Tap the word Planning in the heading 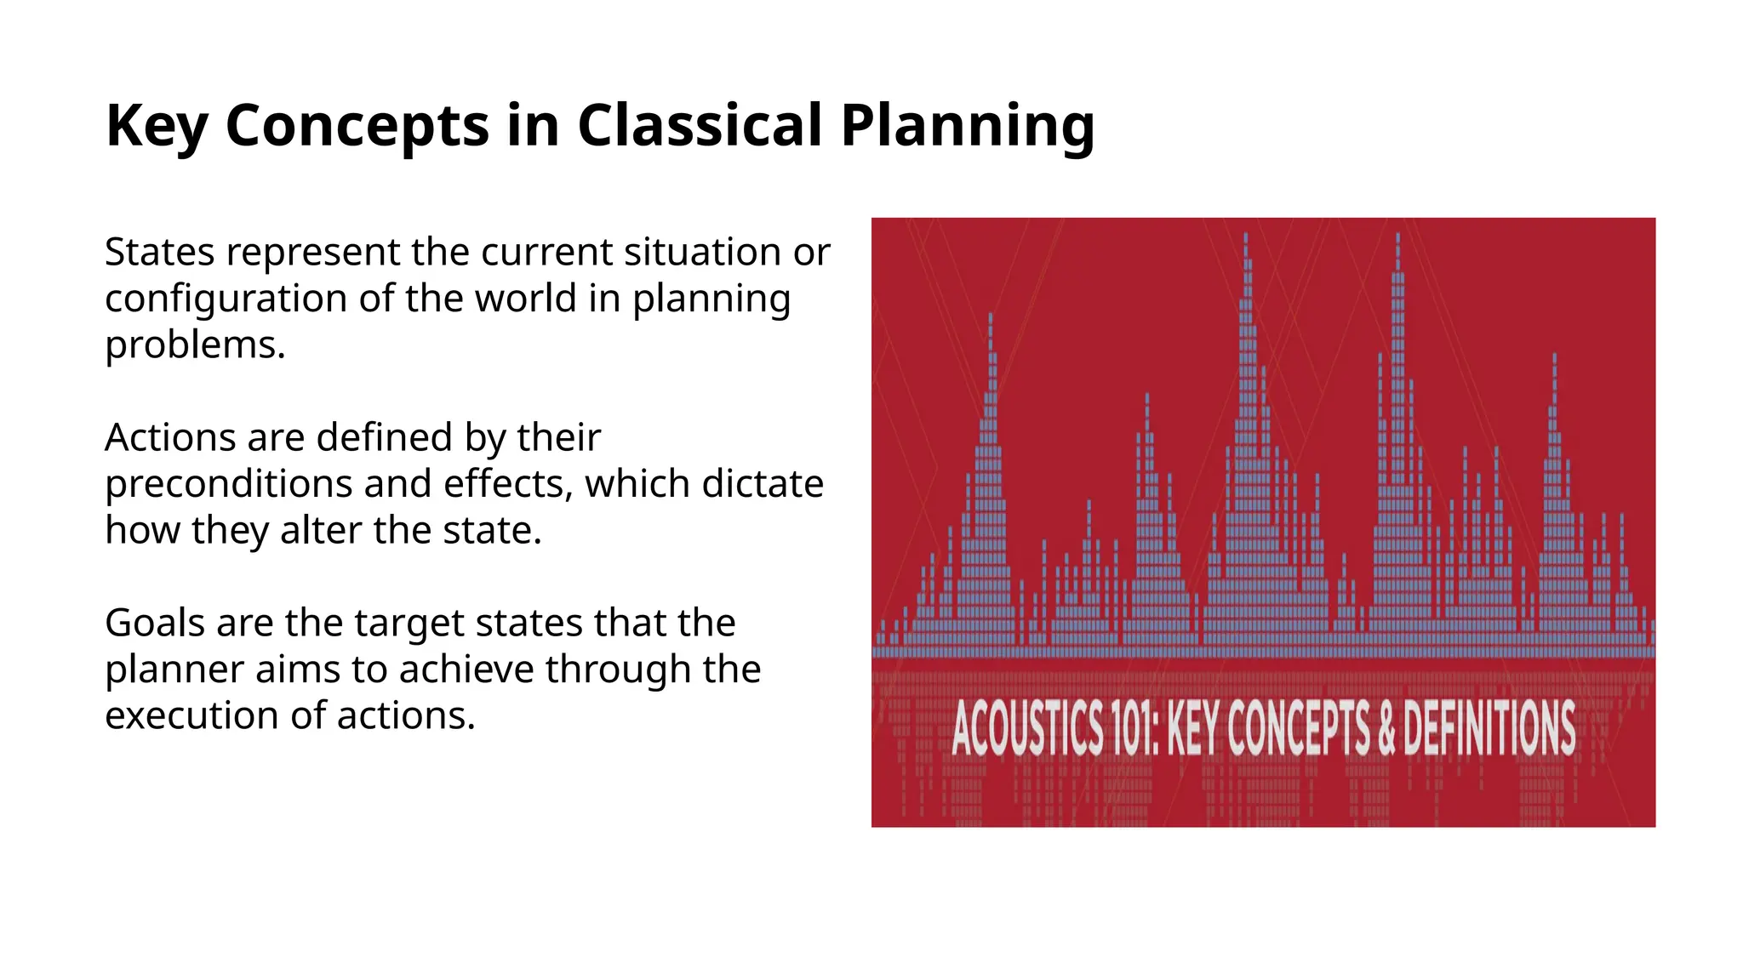(x=967, y=126)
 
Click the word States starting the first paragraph (x=159, y=253)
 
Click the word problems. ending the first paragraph (x=195, y=345)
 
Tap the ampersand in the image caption (x=1386, y=729)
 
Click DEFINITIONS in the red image (x=1489, y=729)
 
